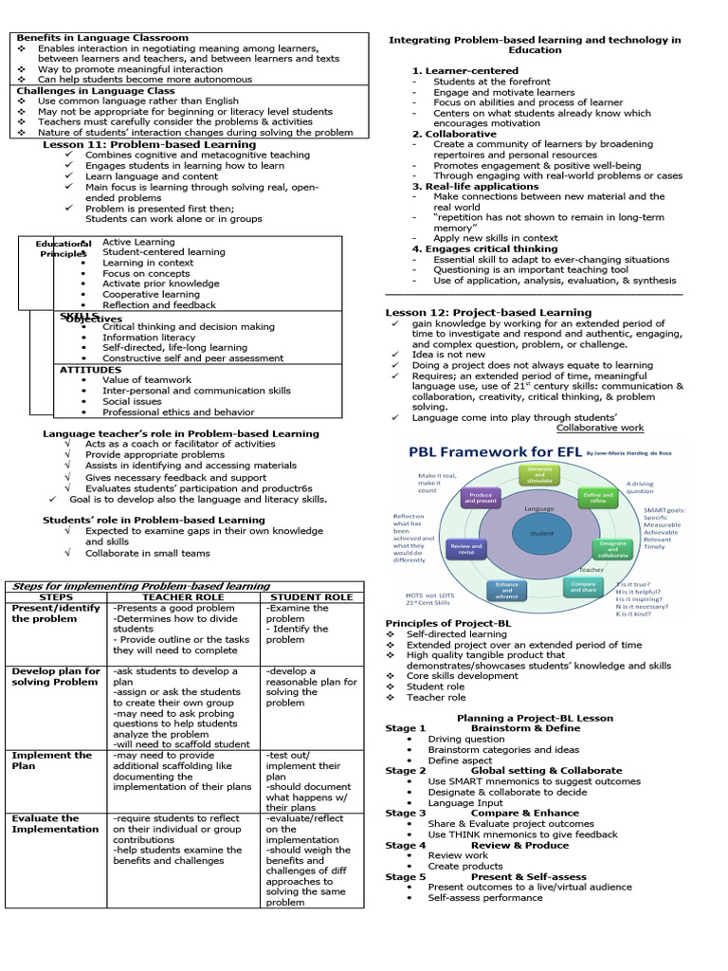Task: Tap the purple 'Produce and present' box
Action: [x=479, y=500]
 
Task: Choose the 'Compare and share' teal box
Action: [x=583, y=587]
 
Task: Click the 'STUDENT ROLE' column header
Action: [x=312, y=597]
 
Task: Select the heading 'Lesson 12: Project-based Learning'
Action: [x=488, y=312]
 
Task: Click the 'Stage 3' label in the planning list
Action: [x=406, y=813]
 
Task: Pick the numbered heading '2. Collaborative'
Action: [x=454, y=134]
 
